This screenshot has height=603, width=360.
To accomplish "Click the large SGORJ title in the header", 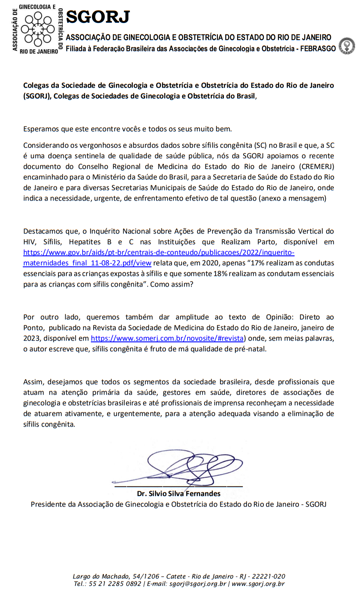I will click(x=98, y=17).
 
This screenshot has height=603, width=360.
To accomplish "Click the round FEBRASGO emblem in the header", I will click(x=347, y=46).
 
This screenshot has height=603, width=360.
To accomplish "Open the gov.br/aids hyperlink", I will click(x=158, y=253).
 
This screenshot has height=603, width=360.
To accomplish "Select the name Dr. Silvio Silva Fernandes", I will click(x=179, y=493).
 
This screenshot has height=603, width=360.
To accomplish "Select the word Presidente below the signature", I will click(x=48, y=504).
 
